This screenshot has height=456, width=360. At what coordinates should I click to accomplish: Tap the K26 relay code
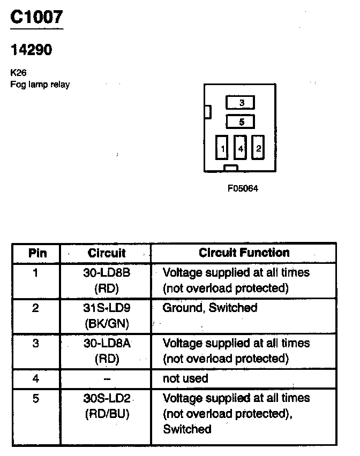click(x=18, y=73)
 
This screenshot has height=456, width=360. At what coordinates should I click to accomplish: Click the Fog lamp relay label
click(x=40, y=85)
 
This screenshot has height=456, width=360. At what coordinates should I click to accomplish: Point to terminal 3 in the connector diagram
click(x=241, y=103)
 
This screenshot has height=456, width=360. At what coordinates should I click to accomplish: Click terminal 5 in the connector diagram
click(x=241, y=122)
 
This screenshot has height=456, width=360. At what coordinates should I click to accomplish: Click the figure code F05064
click(x=243, y=188)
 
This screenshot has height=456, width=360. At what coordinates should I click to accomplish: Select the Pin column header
click(x=37, y=253)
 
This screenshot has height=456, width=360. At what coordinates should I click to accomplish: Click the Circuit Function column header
click(x=244, y=253)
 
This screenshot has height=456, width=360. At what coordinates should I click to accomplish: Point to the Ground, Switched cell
click(x=209, y=308)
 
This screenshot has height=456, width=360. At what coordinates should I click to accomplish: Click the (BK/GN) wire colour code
click(x=107, y=323)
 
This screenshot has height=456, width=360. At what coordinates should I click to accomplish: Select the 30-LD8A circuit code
click(x=107, y=343)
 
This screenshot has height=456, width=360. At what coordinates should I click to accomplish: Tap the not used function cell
click(x=185, y=378)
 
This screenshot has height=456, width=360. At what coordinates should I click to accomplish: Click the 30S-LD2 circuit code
click(x=107, y=398)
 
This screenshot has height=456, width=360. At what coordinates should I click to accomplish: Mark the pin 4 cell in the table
click(x=36, y=378)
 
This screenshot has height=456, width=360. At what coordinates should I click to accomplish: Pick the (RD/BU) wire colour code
click(x=107, y=414)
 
